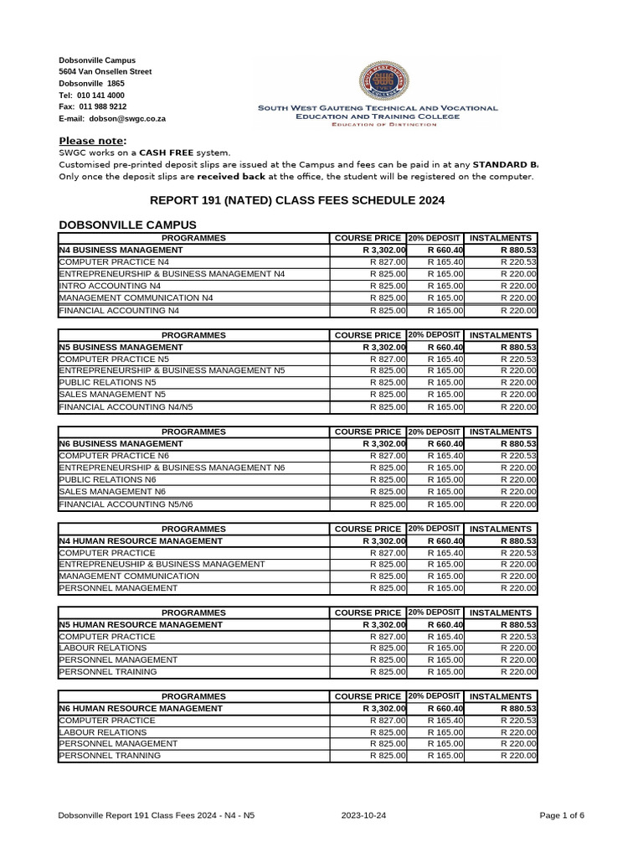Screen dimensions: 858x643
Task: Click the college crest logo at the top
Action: pos(377,81)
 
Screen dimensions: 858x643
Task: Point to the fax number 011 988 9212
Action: pos(103,107)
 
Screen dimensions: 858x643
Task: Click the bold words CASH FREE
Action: pos(166,153)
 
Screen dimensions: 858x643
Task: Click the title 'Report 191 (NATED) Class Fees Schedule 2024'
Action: pos(297,200)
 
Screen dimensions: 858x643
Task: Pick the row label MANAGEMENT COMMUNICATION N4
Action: pos(136,298)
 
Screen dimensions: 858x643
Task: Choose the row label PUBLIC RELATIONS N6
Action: pos(108,479)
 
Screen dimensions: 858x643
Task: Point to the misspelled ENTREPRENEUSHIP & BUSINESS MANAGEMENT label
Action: pos(162,564)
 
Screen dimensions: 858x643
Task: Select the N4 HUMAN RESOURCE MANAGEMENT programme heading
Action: pos(141,541)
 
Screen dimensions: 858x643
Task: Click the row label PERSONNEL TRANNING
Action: pos(109,756)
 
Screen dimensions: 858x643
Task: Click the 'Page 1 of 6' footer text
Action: pos(562,815)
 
